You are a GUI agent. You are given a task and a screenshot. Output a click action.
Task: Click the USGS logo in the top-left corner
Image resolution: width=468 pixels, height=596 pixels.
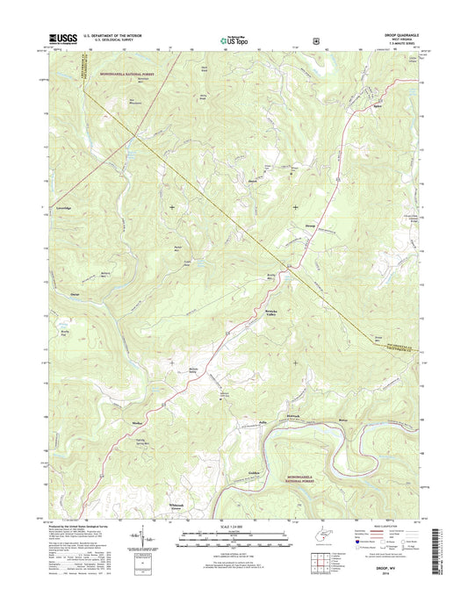click(52, 39)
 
